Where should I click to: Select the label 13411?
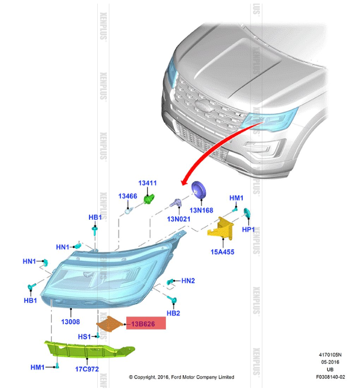(x=147, y=183)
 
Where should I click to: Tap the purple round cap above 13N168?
(x=199, y=190)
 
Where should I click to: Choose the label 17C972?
(x=87, y=368)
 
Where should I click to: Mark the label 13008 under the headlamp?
(x=71, y=322)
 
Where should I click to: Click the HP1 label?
(x=248, y=230)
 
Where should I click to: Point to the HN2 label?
(x=188, y=281)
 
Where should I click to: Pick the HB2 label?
(x=174, y=313)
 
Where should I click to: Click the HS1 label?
(x=85, y=336)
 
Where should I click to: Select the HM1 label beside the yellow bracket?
(x=237, y=198)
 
